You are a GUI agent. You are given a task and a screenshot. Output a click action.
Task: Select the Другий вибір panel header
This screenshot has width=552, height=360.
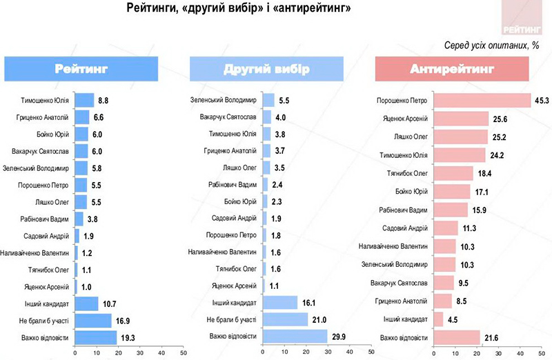pos(267,70)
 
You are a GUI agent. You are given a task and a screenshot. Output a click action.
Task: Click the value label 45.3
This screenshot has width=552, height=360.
pos(541,101)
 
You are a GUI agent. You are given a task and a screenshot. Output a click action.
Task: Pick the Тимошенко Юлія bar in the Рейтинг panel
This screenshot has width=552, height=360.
pos(84,99)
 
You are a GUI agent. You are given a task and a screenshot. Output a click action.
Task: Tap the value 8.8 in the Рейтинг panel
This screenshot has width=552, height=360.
pos(103,99)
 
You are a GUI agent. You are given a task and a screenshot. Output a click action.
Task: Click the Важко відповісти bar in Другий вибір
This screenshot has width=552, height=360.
pos(295,336)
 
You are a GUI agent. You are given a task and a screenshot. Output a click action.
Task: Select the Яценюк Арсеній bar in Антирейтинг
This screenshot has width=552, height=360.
pos(461,118)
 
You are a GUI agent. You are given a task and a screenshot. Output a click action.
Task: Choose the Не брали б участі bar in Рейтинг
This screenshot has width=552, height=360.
pos(93,320)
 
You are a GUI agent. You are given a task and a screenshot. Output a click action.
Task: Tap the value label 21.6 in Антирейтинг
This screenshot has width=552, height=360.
pos(490,337)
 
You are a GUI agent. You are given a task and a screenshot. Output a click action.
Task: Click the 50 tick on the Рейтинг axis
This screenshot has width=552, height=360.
pos(183,352)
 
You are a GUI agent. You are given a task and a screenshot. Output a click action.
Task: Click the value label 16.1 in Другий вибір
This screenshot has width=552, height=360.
pos(308,303)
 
